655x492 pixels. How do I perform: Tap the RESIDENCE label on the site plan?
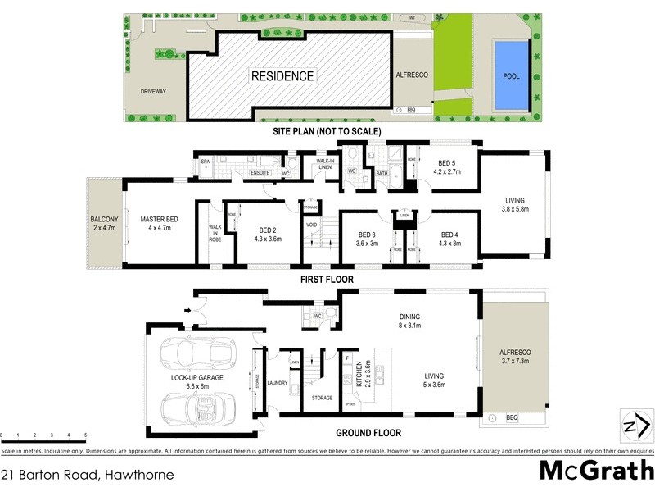282,76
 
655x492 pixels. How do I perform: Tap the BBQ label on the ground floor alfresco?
512,418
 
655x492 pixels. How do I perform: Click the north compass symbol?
635,425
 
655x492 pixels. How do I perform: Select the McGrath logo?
595,471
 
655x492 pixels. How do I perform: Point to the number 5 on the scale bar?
85,435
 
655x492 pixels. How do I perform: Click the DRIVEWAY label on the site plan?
152,91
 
